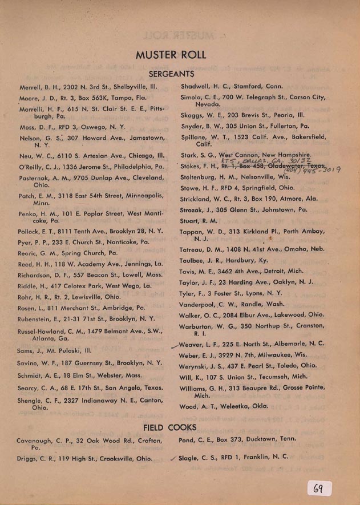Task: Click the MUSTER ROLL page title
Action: [171, 55]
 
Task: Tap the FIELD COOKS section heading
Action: [170, 427]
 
